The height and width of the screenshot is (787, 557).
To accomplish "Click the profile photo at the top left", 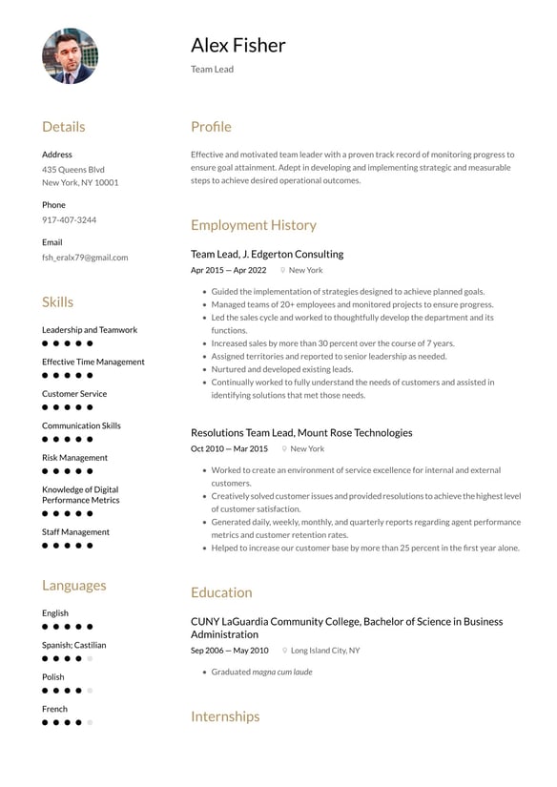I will (x=70, y=56).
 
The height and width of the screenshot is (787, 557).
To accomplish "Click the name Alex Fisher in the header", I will (x=237, y=45).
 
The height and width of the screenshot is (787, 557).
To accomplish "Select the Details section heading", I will (x=63, y=127).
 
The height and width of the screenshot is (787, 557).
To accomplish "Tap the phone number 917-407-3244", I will (x=69, y=220).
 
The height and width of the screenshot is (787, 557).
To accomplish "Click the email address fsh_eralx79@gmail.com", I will (x=85, y=258).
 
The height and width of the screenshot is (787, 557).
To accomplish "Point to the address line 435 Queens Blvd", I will (x=73, y=169).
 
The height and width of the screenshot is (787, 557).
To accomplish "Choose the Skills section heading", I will (x=57, y=302).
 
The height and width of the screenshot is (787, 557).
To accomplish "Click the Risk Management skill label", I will (x=74, y=458).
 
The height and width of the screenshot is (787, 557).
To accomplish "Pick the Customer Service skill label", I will (x=74, y=394).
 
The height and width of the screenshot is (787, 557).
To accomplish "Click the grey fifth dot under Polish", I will (x=90, y=691).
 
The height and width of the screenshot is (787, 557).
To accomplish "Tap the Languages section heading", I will (x=73, y=586).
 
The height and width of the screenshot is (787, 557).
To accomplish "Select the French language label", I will (x=54, y=709).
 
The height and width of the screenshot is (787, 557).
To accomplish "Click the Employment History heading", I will (x=253, y=225).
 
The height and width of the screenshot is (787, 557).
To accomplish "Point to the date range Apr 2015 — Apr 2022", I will (x=228, y=270).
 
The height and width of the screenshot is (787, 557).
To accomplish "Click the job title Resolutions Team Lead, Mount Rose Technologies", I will (x=301, y=432).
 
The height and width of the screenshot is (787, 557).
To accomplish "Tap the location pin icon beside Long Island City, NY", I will (x=284, y=651).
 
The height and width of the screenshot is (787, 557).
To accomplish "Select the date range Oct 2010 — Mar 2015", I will (x=229, y=448).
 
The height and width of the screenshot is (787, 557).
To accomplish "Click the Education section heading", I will (x=221, y=592).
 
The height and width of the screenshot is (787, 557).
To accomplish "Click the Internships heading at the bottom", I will (x=225, y=716).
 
